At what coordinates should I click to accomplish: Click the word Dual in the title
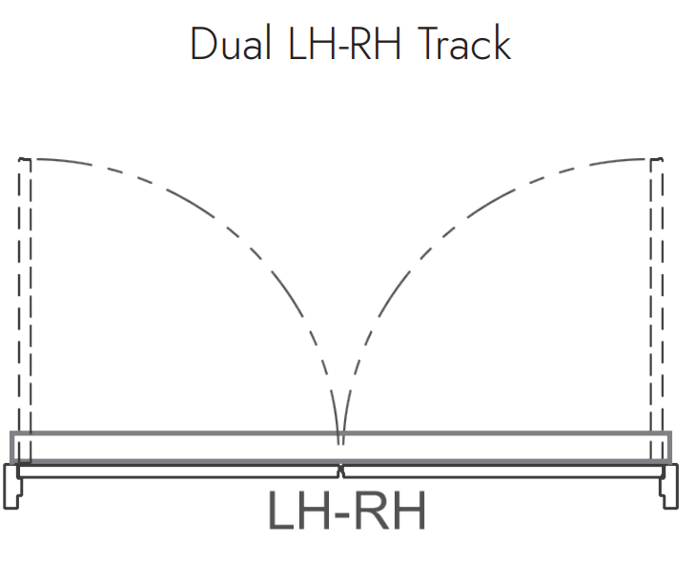pos(232,43)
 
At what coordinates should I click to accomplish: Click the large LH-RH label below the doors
pos(347,511)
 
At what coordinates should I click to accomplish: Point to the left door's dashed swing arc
pos(249,249)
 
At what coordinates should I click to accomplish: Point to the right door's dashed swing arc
pos(433,249)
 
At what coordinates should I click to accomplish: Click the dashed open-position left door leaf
pos(25,311)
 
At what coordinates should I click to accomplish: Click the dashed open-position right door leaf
pos(657,311)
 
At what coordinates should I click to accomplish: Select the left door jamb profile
pos(12,486)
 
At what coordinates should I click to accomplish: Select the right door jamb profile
pos(669,486)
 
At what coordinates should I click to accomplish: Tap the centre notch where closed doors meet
pos(340,472)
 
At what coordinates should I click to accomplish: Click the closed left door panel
pos(177,472)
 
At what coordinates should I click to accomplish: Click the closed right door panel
pos(503,472)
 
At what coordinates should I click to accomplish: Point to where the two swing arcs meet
pos(340,444)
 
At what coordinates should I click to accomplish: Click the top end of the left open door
pos(25,158)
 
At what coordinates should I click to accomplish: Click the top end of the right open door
pos(657,158)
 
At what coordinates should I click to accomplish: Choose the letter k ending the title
pos(503,43)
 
